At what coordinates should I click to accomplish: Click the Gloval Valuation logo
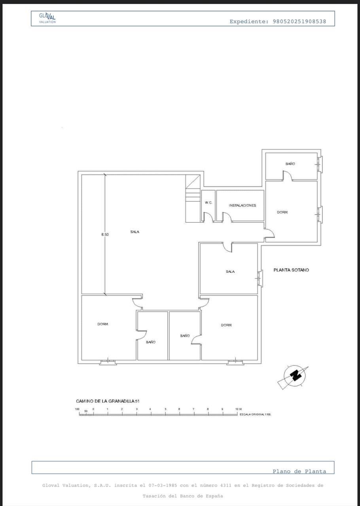pyautogui.click(x=47, y=18)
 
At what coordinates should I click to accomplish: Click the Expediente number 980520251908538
pyautogui.click(x=299, y=21)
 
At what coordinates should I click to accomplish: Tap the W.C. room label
pyautogui.click(x=208, y=203)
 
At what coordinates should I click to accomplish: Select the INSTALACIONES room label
pyautogui.click(x=243, y=205)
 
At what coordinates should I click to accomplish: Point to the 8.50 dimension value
pyautogui.click(x=105, y=234)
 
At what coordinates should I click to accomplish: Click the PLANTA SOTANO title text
pyautogui.click(x=291, y=270)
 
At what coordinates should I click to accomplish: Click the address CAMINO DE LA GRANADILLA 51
pyautogui.click(x=108, y=401)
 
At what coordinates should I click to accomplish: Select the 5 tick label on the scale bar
pyautogui.click(x=165, y=409)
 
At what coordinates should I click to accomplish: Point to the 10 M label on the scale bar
pyautogui.click(x=239, y=409)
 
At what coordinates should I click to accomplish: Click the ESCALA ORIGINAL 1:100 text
pyautogui.click(x=255, y=415)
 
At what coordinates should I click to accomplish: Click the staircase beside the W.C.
pyautogui.click(x=193, y=198)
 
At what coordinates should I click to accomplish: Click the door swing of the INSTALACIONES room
pyautogui.click(x=227, y=217)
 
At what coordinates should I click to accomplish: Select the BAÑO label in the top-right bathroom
pyautogui.click(x=290, y=164)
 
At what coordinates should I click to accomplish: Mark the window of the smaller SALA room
pyautogui.click(x=260, y=278)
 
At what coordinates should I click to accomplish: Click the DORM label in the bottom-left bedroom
pyautogui.click(x=103, y=324)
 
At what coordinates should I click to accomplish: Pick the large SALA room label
pyautogui.click(x=135, y=232)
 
